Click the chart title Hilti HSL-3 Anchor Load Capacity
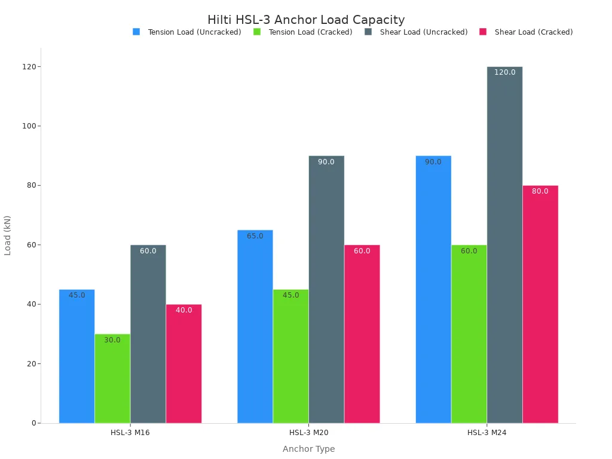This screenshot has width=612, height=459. tap(306, 20)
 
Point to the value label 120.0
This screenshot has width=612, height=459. tap(504, 72)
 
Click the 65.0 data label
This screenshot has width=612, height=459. tap(255, 236)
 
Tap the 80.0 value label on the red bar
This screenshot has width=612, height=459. tap(540, 191)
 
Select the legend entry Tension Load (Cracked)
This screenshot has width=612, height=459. tap(310, 32)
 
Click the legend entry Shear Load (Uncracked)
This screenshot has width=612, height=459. tap(424, 32)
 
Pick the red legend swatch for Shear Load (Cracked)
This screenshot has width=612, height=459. tap(484, 32)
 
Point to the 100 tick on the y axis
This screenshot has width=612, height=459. tap(27, 126)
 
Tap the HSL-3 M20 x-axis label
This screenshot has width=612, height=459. tap(308, 433)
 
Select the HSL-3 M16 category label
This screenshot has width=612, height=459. tap(130, 433)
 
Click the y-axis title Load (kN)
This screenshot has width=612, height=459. tap(8, 235)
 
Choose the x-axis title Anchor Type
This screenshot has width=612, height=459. tap(308, 449)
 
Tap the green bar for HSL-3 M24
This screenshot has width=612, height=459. tap(469, 334)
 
